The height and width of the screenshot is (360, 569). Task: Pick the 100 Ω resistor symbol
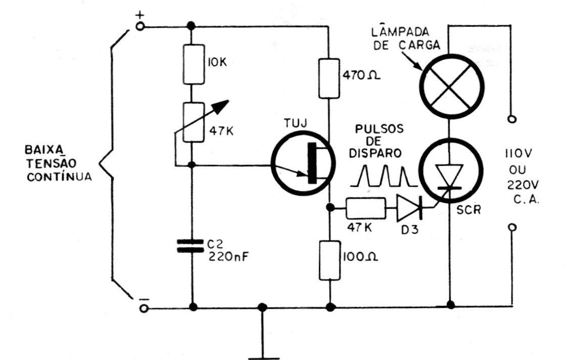(329, 260)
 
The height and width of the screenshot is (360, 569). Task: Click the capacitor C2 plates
(192, 246)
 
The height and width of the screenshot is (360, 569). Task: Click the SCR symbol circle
(450, 172)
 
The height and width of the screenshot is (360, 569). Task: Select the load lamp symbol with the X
(449, 84)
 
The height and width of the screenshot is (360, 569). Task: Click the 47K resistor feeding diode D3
(365, 207)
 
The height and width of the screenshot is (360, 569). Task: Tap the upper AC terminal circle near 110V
(512, 120)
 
